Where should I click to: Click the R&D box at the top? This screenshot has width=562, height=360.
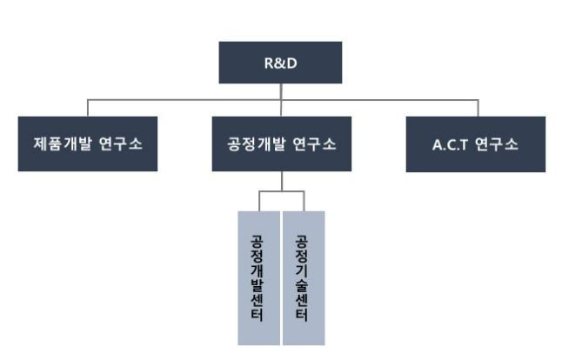tap(280, 63)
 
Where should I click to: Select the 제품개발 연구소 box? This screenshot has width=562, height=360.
tap(89, 143)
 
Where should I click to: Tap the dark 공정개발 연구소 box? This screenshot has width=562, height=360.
tap(281, 143)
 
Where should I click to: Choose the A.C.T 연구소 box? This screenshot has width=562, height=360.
tap(475, 143)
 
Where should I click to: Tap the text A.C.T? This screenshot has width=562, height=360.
tap(452, 143)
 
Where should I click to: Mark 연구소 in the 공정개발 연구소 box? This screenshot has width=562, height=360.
tap(317, 143)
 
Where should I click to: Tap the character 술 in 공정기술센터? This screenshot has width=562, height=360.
tap(303, 285)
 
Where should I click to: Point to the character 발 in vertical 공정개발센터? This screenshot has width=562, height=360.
tap(258, 285)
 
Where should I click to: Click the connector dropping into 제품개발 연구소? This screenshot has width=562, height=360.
tap(89, 108)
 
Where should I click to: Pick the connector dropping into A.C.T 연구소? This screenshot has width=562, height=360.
tap(475, 108)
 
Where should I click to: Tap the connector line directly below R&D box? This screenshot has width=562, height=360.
tap(280, 91)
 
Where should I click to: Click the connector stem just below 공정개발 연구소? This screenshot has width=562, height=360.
tap(281, 181)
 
